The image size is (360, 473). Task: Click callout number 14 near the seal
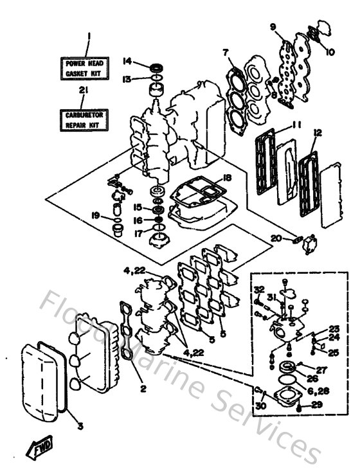127,62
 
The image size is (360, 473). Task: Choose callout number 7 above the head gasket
226,51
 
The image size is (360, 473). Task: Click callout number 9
273,27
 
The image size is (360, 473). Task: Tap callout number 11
278,123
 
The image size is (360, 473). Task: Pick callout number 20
275,238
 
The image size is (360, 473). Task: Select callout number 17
138,233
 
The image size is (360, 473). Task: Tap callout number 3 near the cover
80,426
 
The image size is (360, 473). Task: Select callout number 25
334,353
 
